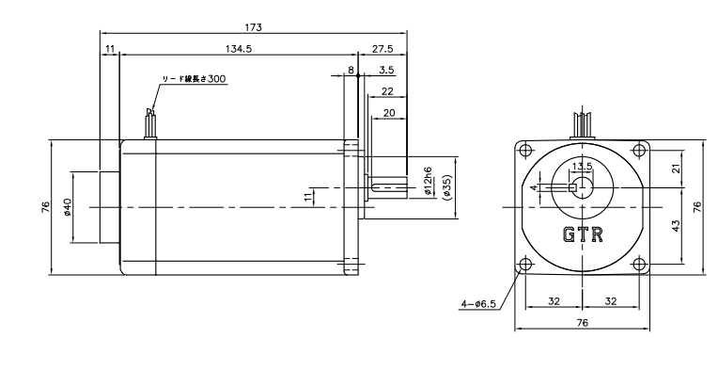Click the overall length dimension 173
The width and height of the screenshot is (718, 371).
pos(253,27)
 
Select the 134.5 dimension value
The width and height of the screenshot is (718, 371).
pos(239,49)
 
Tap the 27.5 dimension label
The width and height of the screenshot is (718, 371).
pos(382,49)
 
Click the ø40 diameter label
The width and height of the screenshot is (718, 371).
pos(67,207)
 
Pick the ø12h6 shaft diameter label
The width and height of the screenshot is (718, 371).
pos(429,181)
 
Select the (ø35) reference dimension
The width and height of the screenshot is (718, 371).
pos(447,187)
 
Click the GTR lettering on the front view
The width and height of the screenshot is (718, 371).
pos(583,234)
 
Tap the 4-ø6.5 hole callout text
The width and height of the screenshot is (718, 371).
pos(478,303)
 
